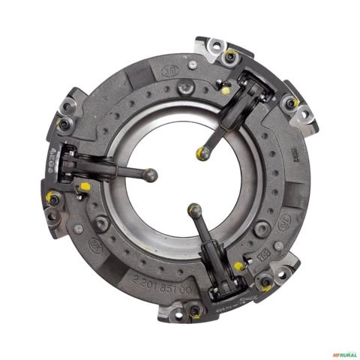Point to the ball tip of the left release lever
[152, 175]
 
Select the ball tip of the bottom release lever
[193, 211]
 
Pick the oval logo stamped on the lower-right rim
[286, 223]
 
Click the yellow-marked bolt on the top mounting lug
[230, 54]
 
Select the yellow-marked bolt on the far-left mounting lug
[52, 199]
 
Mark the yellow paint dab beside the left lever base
[85, 185]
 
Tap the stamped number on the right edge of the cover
[295, 155]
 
